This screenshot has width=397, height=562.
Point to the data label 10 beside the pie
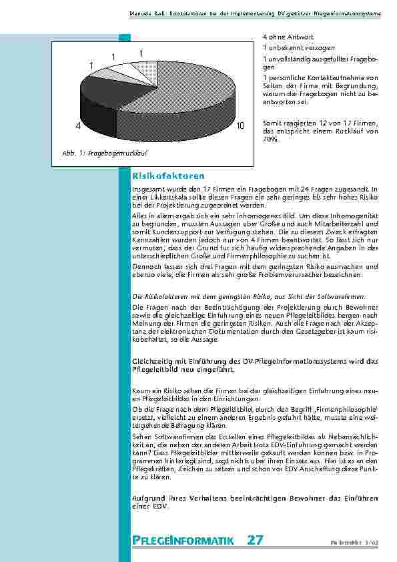(x=240, y=125)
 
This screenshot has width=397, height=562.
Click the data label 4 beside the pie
(x=78, y=125)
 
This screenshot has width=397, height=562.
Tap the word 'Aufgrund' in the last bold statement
(x=148, y=499)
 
